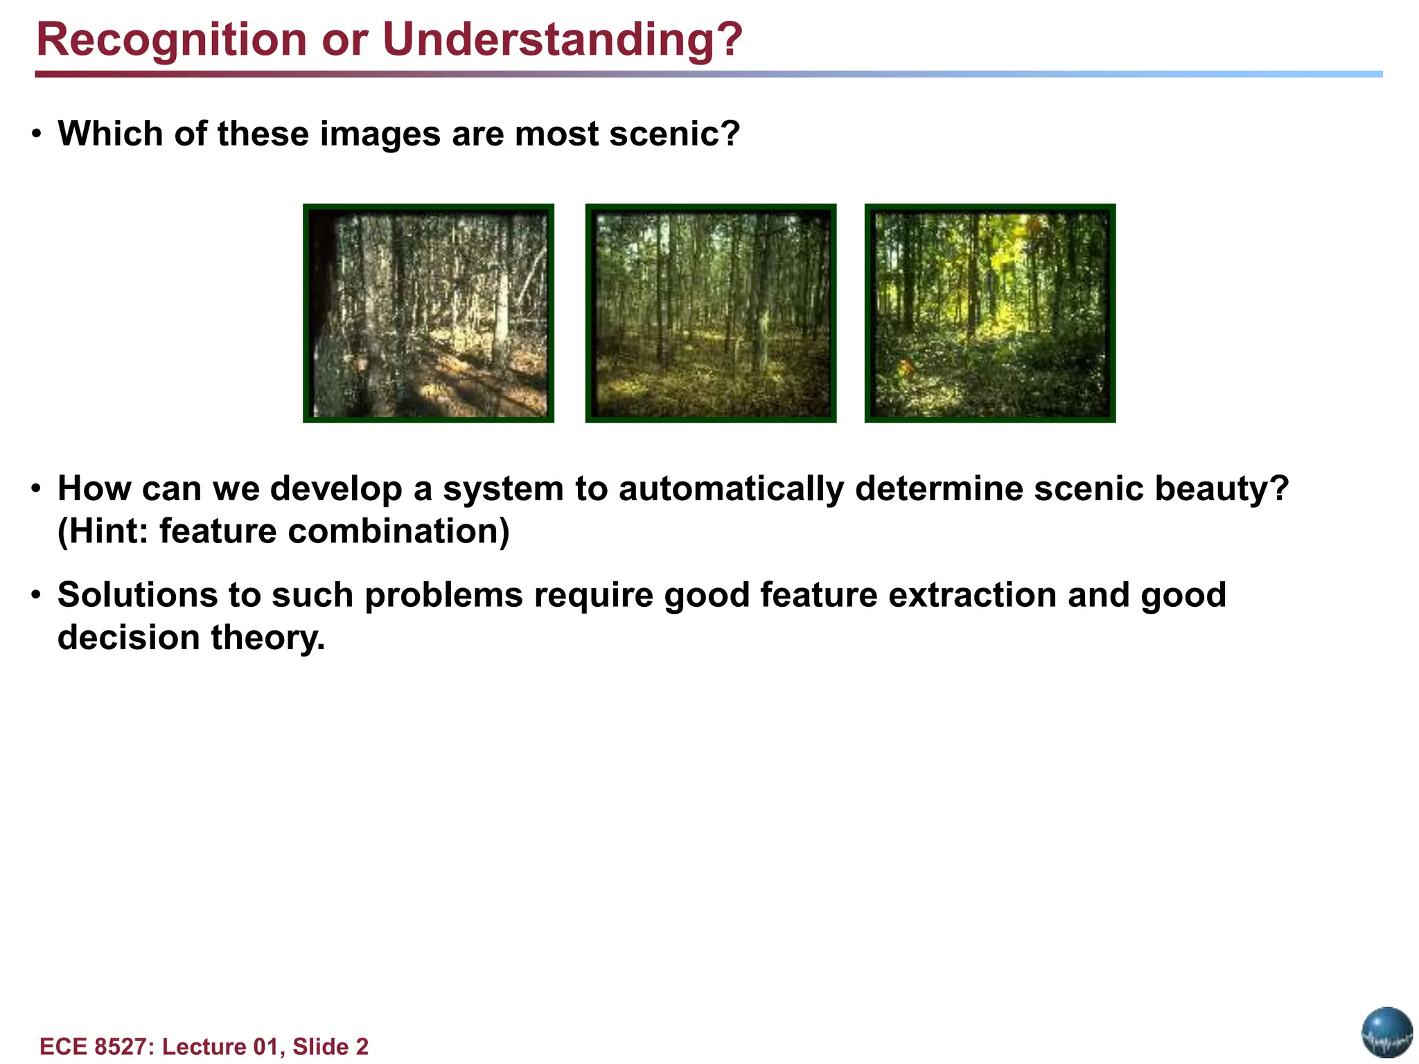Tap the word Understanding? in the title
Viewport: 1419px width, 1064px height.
[x=562, y=39]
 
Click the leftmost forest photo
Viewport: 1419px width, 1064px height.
[x=428, y=313]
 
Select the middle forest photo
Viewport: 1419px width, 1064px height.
[x=710, y=313]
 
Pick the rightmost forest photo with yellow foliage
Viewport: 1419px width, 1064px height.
[x=990, y=313]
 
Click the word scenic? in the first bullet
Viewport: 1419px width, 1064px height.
[x=674, y=133]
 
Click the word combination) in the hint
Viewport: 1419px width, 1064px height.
[x=398, y=531]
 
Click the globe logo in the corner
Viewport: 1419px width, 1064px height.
[x=1386, y=1032]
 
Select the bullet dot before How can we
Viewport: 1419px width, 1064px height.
[x=37, y=490]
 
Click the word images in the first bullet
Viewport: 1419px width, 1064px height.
[x=380, y=133]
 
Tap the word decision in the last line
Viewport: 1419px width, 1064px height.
[x=128, y=637]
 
